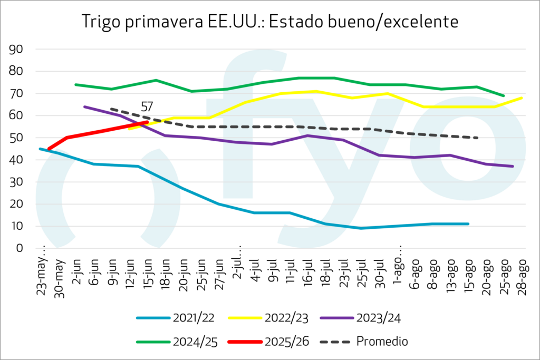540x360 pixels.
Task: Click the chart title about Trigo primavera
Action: click(x=270, y=22)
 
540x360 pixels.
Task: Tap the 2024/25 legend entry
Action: click(x=173, y=341)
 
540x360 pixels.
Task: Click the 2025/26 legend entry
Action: click(x=266, y=341)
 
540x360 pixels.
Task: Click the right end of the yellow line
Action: click(x=522, y=98)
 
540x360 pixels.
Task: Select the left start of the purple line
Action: click(x=84, y=106)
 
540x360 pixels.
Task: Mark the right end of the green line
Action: click(x=504, y=95)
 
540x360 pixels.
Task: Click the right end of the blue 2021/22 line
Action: click(x=468, y=224)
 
